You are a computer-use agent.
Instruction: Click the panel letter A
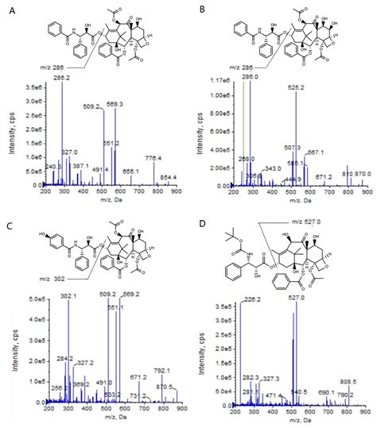click(x=9, y=10)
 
